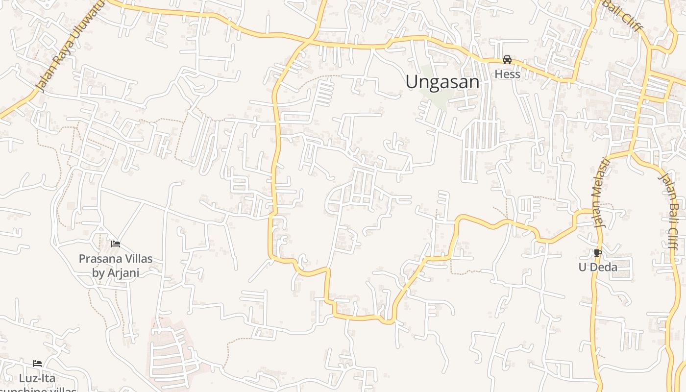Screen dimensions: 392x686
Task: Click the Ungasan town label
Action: point(442,82)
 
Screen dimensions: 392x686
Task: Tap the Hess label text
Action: point(507,74)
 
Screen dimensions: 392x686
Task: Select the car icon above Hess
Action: point(507,60)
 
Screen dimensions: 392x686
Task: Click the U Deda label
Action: point(598,267)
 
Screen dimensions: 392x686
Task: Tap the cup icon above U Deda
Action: point(597,253)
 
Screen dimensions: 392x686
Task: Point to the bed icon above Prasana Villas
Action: point(116,244)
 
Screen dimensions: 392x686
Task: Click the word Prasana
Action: point(99,258)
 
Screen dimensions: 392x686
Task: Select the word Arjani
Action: point(123,273)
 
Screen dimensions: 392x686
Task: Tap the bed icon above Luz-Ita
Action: point(37,363)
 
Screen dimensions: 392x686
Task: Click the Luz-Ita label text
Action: point(37,378)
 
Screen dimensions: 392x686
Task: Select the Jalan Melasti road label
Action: point(600,193)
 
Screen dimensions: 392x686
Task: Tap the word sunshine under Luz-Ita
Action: point(47,390)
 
